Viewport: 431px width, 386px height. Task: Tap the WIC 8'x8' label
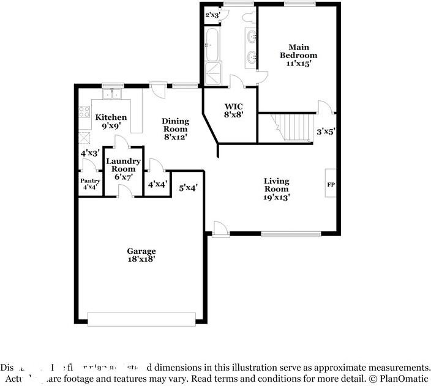tap(233, 109)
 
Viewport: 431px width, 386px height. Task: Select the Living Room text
tap(276, 189)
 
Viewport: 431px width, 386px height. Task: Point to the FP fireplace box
tap(331, 184)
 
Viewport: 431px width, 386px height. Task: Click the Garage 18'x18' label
tap(141, 255)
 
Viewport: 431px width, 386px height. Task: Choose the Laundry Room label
tap(124, 169)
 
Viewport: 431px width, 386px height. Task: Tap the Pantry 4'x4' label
tap(90, 184)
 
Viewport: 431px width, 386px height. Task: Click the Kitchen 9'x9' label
tap(111, 121)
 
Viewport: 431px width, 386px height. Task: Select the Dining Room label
tap(175, 129)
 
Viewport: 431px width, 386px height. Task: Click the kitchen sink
tap(112, 94)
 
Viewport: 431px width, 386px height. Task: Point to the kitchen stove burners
tap(84, 113)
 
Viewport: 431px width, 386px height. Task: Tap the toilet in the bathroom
tap(249, 18)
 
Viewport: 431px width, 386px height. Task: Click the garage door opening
tap(141, 319)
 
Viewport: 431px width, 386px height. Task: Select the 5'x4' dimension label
tap(188, 188)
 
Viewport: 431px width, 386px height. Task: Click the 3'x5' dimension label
tap(325, 131)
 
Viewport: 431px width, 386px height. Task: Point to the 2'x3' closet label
tap(212, 14)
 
